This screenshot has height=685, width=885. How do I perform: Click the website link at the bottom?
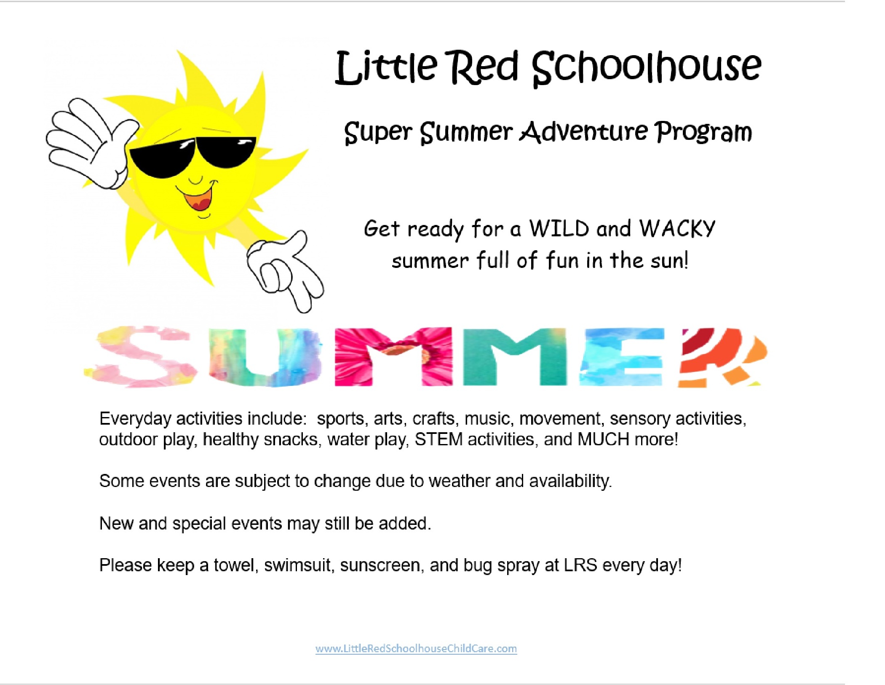coord(416,648)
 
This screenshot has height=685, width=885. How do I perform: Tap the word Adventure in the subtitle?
coord(584,131)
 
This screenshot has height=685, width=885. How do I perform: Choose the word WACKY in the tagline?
coord(677,228)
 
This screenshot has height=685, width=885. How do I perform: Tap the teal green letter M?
coord(515,357)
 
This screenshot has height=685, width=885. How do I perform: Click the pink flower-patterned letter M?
coord(393,357)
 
